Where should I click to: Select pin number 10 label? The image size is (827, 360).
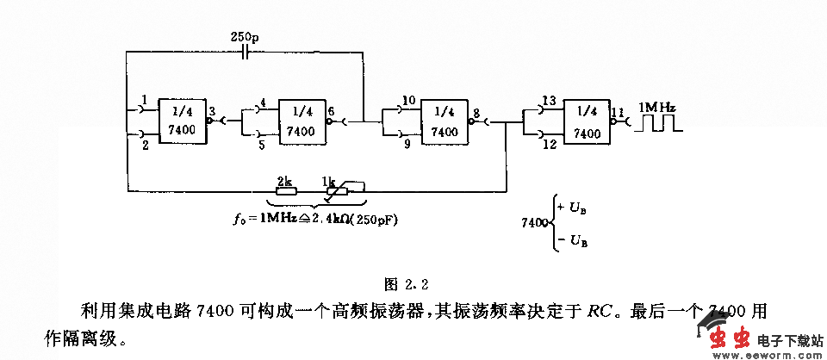coord(408,100)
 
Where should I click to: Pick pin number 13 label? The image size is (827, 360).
coord(550,100)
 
